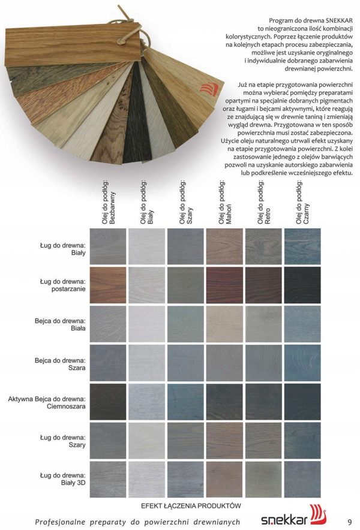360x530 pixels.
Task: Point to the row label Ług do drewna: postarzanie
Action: click(63, 285)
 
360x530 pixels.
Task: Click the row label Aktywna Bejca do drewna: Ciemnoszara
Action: click(47, 402)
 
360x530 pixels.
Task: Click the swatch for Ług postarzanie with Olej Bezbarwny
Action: click(107, 285)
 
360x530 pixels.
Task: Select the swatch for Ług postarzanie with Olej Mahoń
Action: click(225, 285)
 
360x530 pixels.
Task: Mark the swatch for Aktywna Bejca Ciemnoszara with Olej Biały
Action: click(146, 402)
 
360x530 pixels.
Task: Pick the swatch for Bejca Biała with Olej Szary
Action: click(186, 324)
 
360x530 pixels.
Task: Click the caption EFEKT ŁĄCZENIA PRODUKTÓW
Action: click(191, 506)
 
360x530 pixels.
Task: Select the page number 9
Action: click(349, 520)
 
